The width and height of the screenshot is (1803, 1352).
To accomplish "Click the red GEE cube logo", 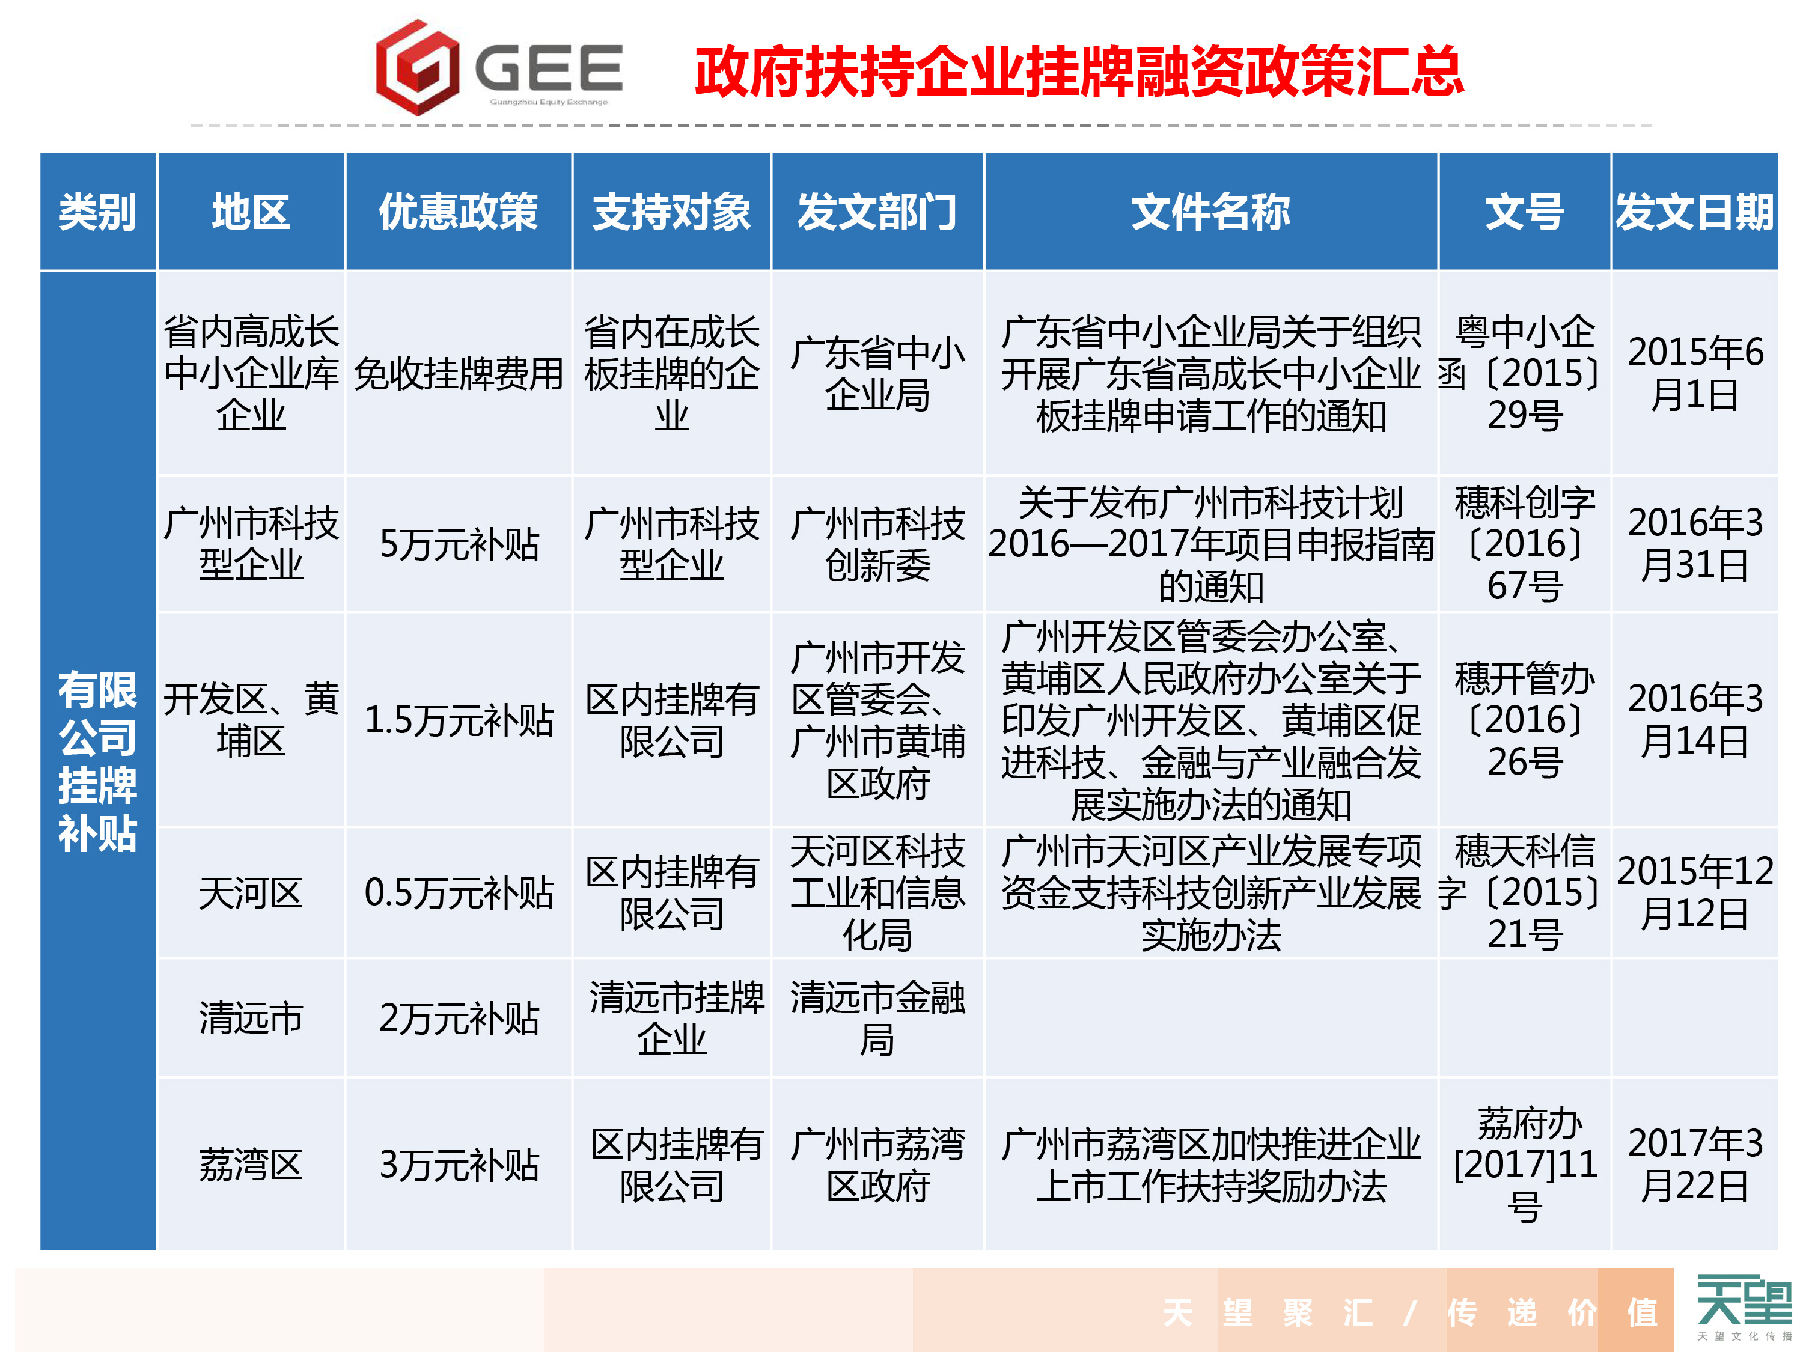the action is pos(417,67).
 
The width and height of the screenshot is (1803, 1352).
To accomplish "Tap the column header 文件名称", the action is pos(1210,212).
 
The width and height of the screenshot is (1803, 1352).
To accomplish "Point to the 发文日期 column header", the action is pos(1695,212).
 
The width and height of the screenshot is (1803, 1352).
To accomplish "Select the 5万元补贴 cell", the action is pos(459,544).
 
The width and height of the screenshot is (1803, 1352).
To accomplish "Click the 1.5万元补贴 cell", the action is pos(459,720).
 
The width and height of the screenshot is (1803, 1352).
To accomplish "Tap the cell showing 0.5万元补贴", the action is pos(459,892).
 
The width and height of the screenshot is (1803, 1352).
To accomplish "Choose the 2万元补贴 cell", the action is pos(459,1018).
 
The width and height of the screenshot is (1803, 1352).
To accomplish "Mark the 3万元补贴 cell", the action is pos(459,1165).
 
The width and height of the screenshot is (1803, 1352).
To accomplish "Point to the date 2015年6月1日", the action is pos(1695,373).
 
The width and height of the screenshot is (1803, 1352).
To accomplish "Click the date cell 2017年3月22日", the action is pos(1695,1165).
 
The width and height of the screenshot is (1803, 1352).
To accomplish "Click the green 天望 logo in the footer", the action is pos(1744,1302).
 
